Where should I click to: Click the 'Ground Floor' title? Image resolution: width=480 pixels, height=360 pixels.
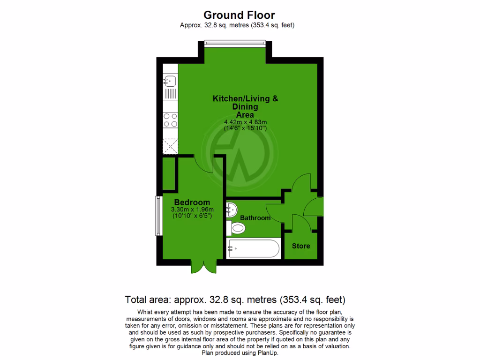[x=239, y=15]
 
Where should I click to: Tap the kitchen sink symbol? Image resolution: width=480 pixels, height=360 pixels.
[x=170, y=81]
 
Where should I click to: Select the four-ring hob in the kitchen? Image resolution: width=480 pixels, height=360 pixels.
[x=170, y=120]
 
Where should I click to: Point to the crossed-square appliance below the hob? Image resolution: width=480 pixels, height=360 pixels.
[x=170, y=146]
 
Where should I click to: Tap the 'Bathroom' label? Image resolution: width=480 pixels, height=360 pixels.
[x=255, y=218]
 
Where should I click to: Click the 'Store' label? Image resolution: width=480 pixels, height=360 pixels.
[x=301, y=246]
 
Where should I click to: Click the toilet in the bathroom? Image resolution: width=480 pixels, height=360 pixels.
[x=235, y=229]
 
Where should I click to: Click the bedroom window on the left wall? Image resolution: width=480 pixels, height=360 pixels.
[x=159, y=216]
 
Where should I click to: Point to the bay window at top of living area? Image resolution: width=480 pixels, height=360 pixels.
[x=236, y=44]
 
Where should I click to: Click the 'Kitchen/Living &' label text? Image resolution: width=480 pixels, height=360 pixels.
[x=245, y=99]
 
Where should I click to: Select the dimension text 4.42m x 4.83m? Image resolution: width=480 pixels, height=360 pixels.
[x=245, y=122]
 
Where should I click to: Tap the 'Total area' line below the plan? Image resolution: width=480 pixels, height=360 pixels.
[x=235, y=299]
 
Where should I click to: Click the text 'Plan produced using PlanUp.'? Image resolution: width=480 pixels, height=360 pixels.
[x=240, y=353]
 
